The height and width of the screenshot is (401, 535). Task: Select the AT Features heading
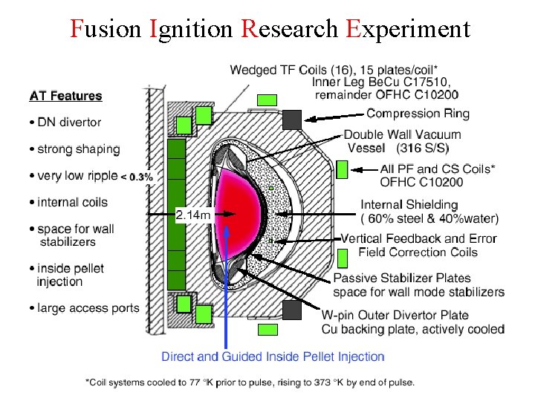tap(65, 96)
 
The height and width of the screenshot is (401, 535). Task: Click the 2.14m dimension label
tap(195, 215)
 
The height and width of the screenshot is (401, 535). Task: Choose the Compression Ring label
tap(418, 114)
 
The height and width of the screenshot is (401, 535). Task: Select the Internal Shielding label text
tap(409, 204)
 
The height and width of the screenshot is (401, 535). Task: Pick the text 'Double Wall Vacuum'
tap(402, 134)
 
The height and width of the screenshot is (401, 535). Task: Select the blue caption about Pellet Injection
tap(273, 357)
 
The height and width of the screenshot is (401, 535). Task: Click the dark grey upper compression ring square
tap(292, 118)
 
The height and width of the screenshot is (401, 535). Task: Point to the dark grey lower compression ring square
tap(292, 308)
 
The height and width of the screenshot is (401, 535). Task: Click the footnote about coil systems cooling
tap(250, 382)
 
